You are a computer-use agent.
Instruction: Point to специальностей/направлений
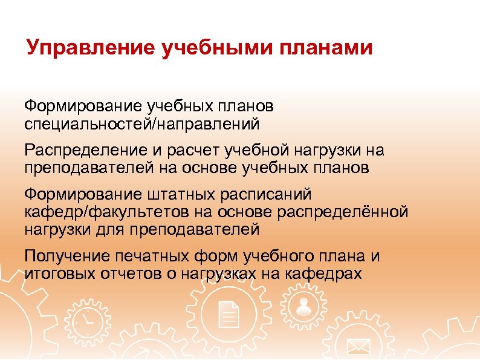(x=142, y=125)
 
